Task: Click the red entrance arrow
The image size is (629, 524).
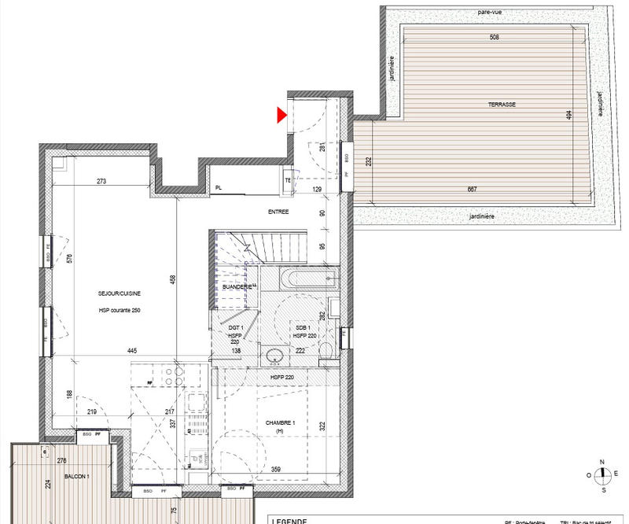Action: [x=280, y=116]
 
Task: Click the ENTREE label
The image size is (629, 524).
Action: [x=278, y=212]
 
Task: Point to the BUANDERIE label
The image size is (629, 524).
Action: [x=237, y=287]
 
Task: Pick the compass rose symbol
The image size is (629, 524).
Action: [x=601, y=474]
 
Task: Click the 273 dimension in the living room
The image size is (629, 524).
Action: [x=101, y=182]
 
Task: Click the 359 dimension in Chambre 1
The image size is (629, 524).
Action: [x=276, y=470]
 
